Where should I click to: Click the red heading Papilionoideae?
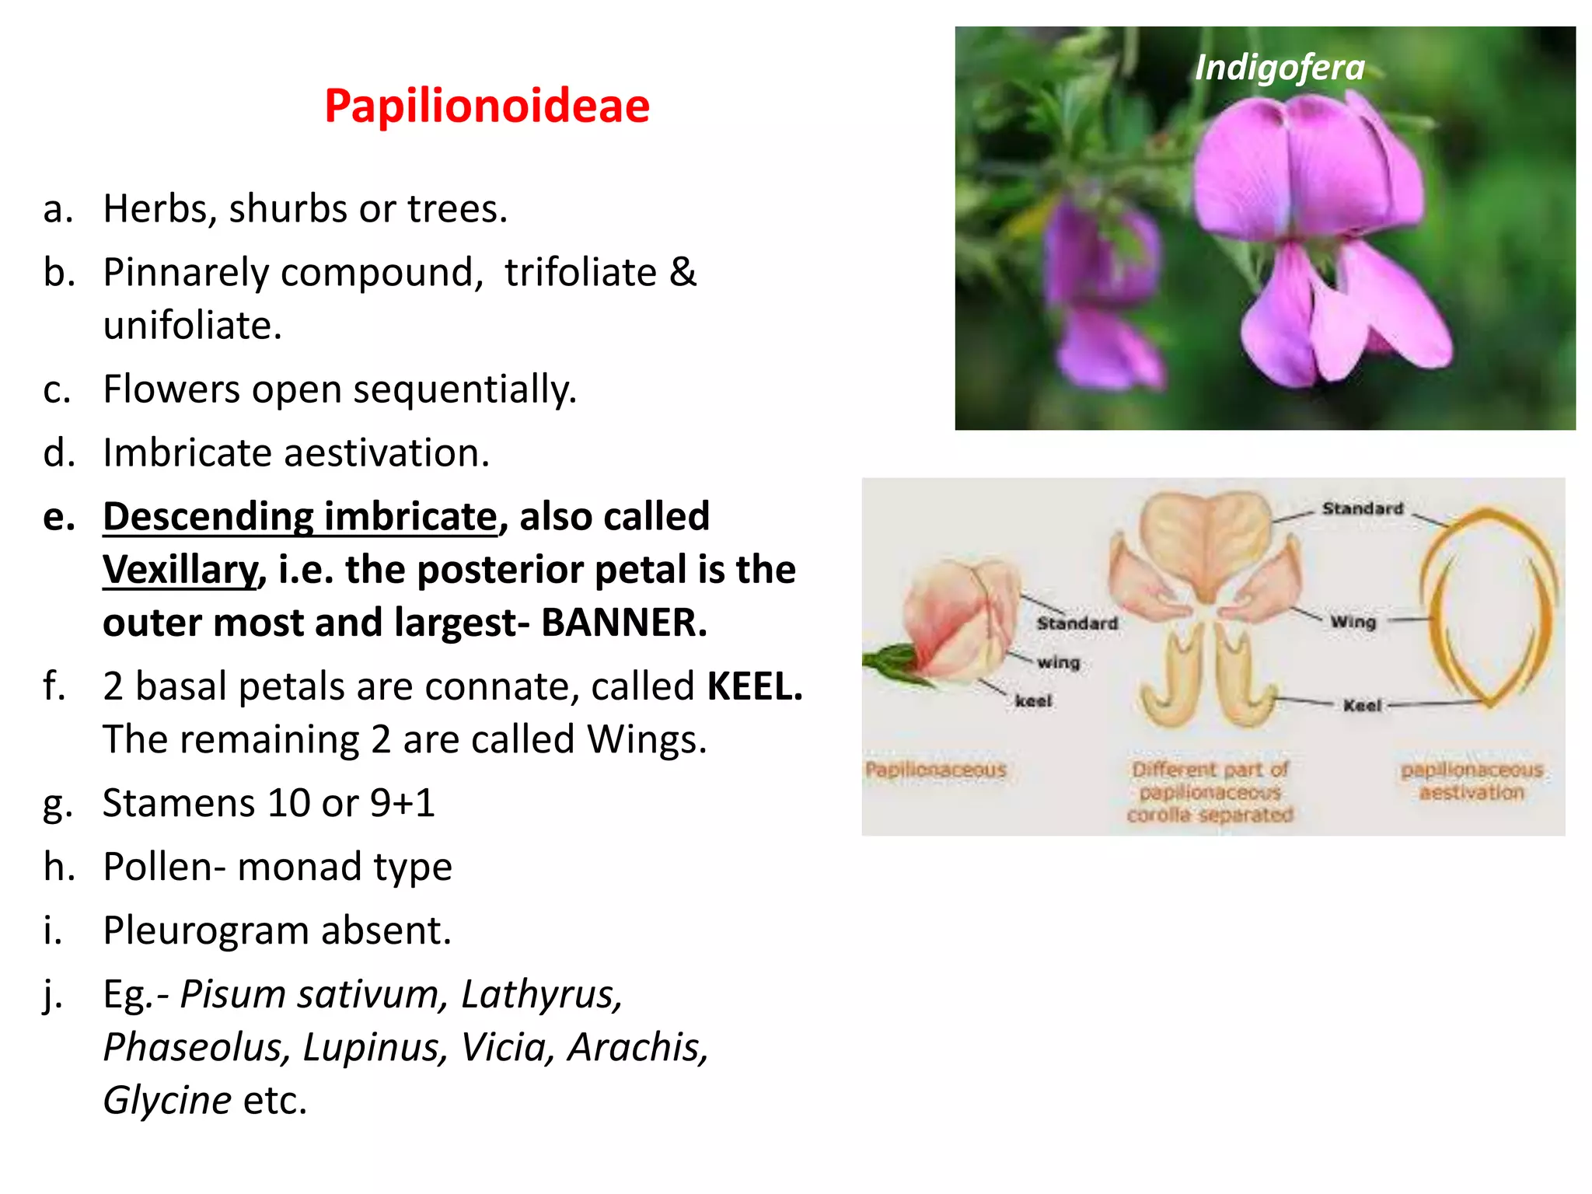pos(487,106)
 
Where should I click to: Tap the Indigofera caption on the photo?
pos(1280,68)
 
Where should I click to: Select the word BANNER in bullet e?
pos(623,623)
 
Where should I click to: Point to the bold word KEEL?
pos(753,686)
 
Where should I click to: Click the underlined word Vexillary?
pos(180,570)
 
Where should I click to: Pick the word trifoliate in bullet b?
pos(580,273)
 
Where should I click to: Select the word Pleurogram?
pos(204,930)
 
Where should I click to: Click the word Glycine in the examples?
pos(167,1101)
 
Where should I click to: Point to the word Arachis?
pos(637,1047)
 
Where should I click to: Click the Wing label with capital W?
pos(1353,622)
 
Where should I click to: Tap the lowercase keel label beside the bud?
pos(1032,701)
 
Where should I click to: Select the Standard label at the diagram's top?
pos(1362,508)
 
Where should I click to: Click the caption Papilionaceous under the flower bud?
pos(936,770)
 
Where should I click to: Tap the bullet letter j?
pos(52,995)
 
